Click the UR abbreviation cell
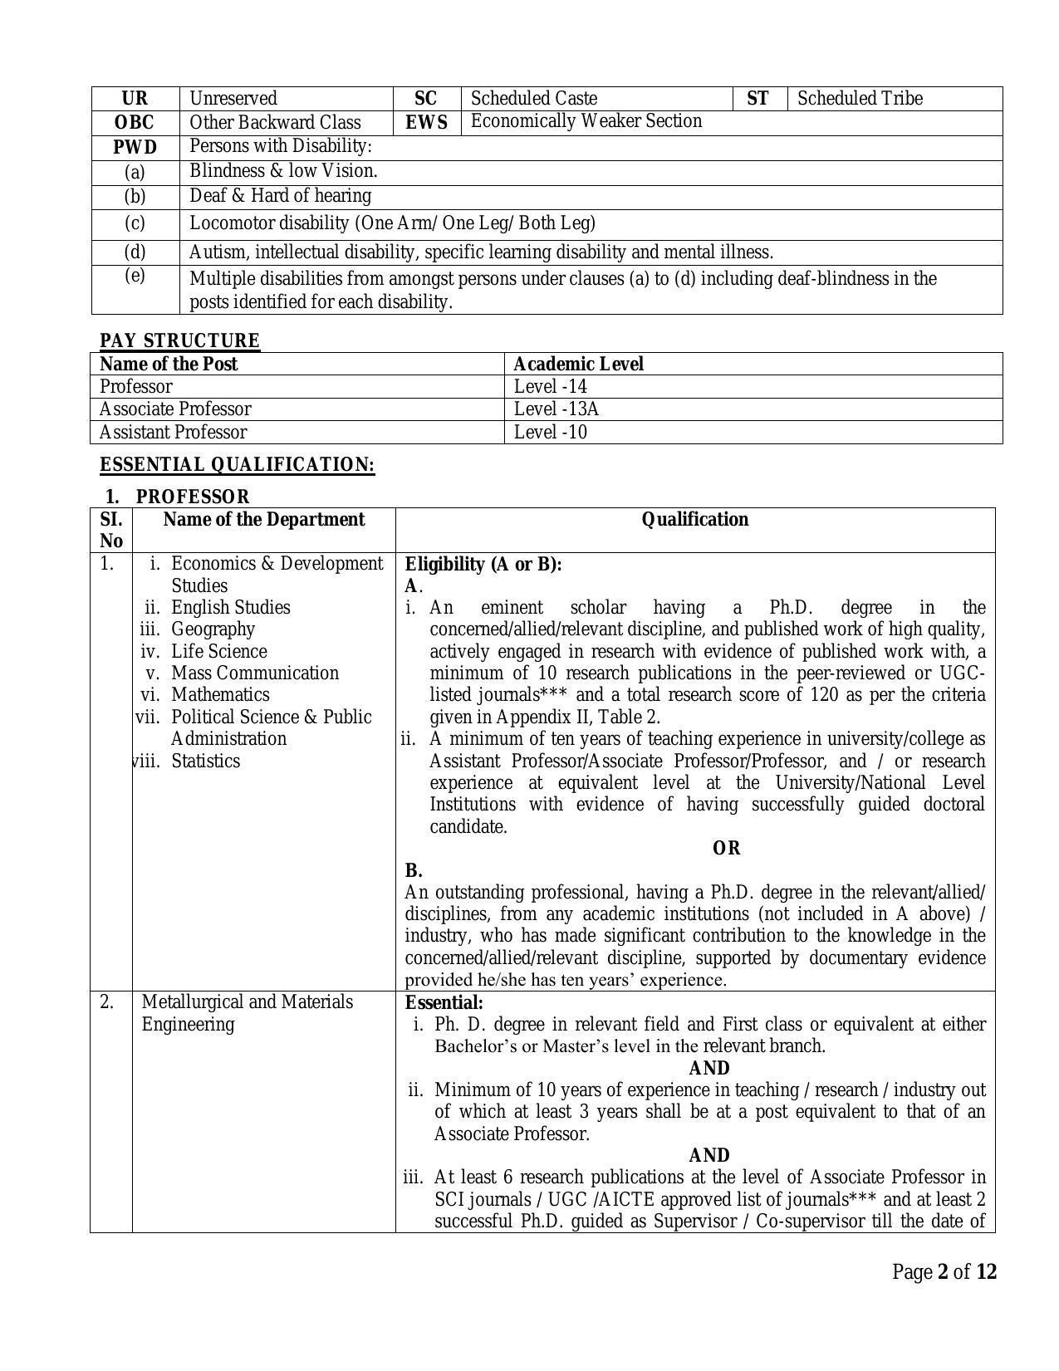tap(135, 98)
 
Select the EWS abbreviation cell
tap(426, 123)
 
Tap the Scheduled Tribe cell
tap(860, 98)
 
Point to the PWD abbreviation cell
tap(135, 148)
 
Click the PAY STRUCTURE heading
tap(179, 340)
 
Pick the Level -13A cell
tap(556, 409)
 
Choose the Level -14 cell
tap(550, 387)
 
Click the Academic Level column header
tap(578, 364)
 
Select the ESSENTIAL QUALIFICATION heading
tap(237, 464)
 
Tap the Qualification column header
tap(694, 520)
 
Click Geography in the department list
tap(213, 629)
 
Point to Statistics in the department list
tap(205, 761)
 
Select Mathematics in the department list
tap(220, 695)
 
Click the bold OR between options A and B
tap(726, 849)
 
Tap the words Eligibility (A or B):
tap(483, 565)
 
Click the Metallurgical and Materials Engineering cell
tap(247, 1013)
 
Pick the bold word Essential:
tap(444, 1002)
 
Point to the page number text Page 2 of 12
tap(944, 1272)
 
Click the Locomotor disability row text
tap(392, 223)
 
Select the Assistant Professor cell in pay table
tap(173, 433)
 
